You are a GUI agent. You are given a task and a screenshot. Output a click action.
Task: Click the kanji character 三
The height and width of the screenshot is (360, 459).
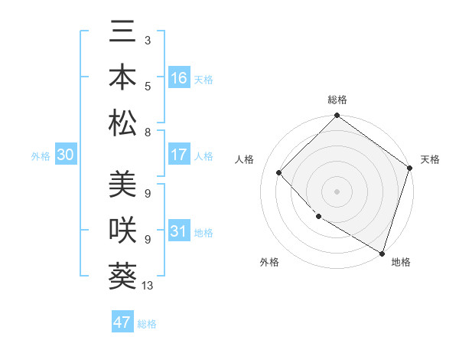[x=123, y=34]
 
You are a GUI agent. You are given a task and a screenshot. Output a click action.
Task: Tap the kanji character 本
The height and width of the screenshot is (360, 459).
[x=123, y=78]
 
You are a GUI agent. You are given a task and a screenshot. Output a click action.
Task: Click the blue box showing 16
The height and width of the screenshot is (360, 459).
[x=179, y=78]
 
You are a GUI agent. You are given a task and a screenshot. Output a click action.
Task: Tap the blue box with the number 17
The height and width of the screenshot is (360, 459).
[x=179, y=155]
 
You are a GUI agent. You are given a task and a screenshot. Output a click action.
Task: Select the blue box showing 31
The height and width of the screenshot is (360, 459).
[x=179, y=231]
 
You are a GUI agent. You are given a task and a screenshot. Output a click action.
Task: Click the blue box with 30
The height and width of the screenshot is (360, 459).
[x=65, y=155]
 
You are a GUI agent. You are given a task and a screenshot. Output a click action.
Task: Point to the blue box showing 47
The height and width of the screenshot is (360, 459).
[x=122, y=322]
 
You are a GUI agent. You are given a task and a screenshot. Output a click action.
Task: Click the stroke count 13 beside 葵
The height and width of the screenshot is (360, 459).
[x=148, y=286]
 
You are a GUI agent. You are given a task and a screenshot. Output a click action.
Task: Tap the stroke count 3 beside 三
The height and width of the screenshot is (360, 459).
[x=147, y=40]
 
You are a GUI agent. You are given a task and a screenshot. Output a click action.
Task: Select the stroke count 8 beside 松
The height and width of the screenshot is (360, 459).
[x=147, y=132]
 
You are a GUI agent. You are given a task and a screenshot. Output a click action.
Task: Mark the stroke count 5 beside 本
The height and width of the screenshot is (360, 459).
[x=147, y=86]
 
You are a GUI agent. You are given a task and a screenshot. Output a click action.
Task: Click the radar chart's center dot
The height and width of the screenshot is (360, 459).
[x=337, y=191]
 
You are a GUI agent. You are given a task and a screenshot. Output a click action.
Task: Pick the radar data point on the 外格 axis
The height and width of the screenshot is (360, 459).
[x=318, y=217]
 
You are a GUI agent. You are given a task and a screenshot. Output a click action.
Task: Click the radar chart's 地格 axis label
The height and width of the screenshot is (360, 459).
[x=401, y=263]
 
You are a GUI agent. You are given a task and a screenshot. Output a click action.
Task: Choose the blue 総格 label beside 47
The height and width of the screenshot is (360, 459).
[x=147, y=324]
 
